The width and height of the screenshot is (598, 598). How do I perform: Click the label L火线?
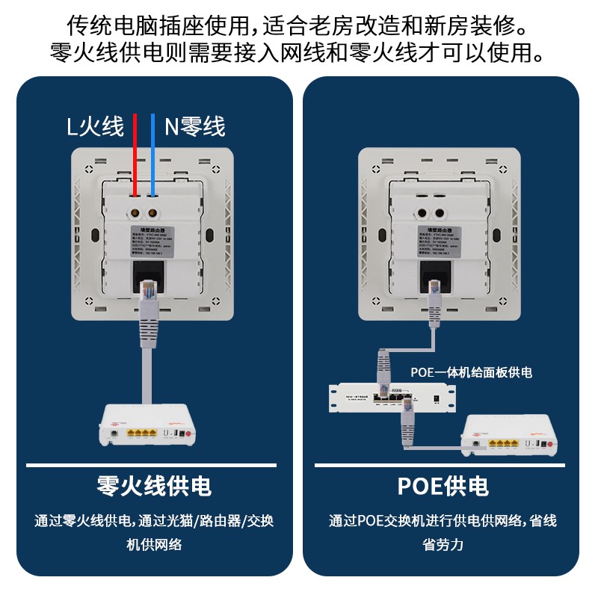[x=95, y=127]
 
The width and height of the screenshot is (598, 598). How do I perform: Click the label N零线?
[x=195, y=127]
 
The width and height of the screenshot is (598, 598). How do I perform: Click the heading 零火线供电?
[x=154, y=487]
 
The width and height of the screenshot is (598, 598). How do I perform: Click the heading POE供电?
[x=443, y=487]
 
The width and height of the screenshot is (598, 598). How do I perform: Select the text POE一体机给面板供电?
[x=471, y=372]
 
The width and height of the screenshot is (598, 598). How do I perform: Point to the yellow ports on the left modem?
[x=138, y=433]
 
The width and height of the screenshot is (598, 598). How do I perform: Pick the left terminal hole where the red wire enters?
[x=136, y=202]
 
